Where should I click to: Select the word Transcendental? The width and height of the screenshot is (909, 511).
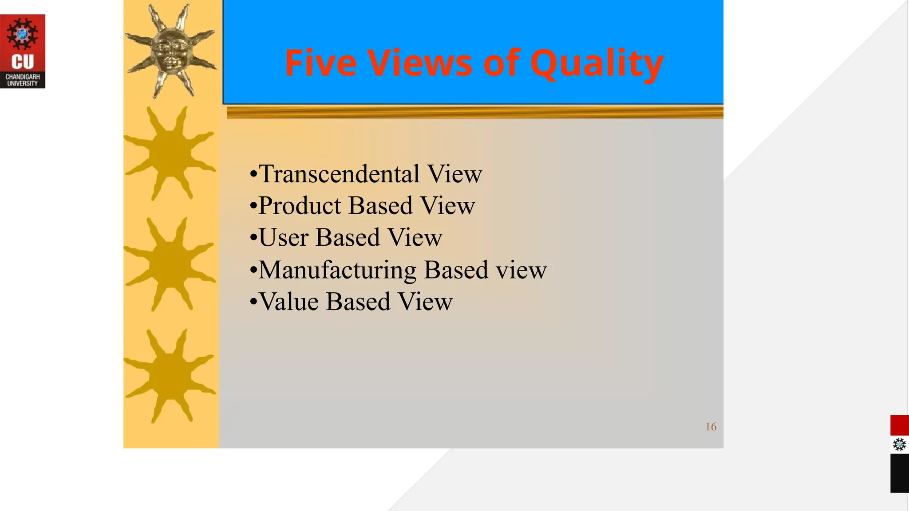(339, 174)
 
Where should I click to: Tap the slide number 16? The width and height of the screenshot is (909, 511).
(711, 427)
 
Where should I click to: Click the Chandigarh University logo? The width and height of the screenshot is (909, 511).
(23, 51)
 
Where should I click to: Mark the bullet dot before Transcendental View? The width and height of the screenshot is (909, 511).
(253, 174)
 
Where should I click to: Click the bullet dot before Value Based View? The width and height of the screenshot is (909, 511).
(253, 303)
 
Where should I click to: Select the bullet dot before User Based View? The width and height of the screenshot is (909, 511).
(253, 238)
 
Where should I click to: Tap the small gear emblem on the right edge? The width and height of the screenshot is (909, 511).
(899, 444)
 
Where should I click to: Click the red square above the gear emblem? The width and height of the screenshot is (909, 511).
(899, 425)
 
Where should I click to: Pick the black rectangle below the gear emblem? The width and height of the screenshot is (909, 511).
(899, 473)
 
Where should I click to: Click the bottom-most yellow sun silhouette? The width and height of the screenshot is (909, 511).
(170, 376)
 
